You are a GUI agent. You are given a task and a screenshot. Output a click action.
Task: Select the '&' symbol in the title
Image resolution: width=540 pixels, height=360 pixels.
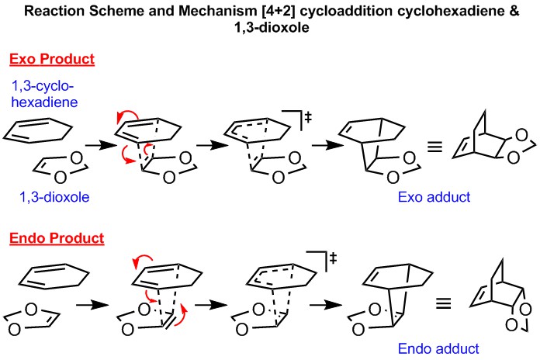478,10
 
